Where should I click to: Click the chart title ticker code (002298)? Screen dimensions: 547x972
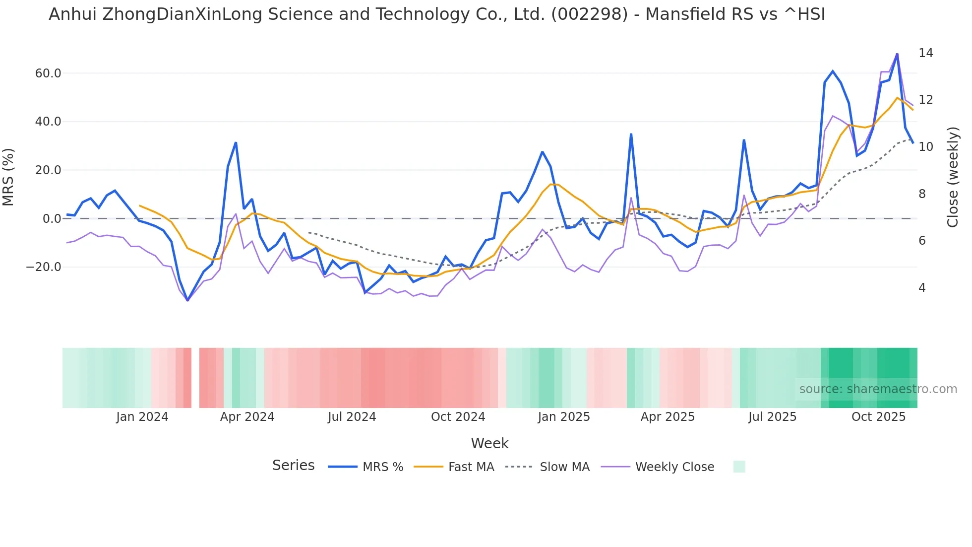590,14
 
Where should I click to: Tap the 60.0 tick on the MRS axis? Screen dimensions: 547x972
48,73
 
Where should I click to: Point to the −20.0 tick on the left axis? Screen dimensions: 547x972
44,267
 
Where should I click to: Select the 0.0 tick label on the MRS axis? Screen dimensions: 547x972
52,219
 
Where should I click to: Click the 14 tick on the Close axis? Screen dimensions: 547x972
925,53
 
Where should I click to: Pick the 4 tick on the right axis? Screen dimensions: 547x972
922,288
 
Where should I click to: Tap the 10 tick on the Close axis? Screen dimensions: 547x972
925,147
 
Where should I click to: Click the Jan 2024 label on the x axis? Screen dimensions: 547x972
142,417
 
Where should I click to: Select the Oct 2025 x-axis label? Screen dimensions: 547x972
878,417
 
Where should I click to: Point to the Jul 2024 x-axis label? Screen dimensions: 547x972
352,417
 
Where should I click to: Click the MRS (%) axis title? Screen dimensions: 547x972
8,177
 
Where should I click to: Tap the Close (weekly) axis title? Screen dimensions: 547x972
952,177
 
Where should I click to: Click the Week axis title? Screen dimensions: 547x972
489,443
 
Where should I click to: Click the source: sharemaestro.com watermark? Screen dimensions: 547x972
878,389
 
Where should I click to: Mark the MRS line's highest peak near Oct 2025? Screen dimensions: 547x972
897,54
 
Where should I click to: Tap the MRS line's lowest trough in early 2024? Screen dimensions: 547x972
187,300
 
